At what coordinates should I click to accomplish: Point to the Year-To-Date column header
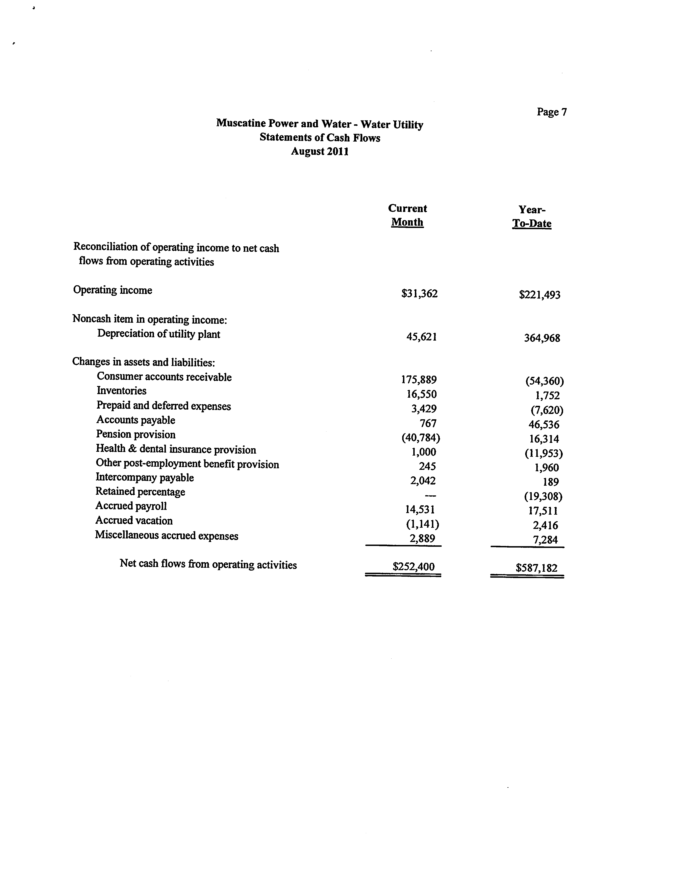tap(532, 217)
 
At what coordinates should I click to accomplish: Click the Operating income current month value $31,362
tap(419, 294)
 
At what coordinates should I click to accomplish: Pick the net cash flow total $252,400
tap(413, 567)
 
